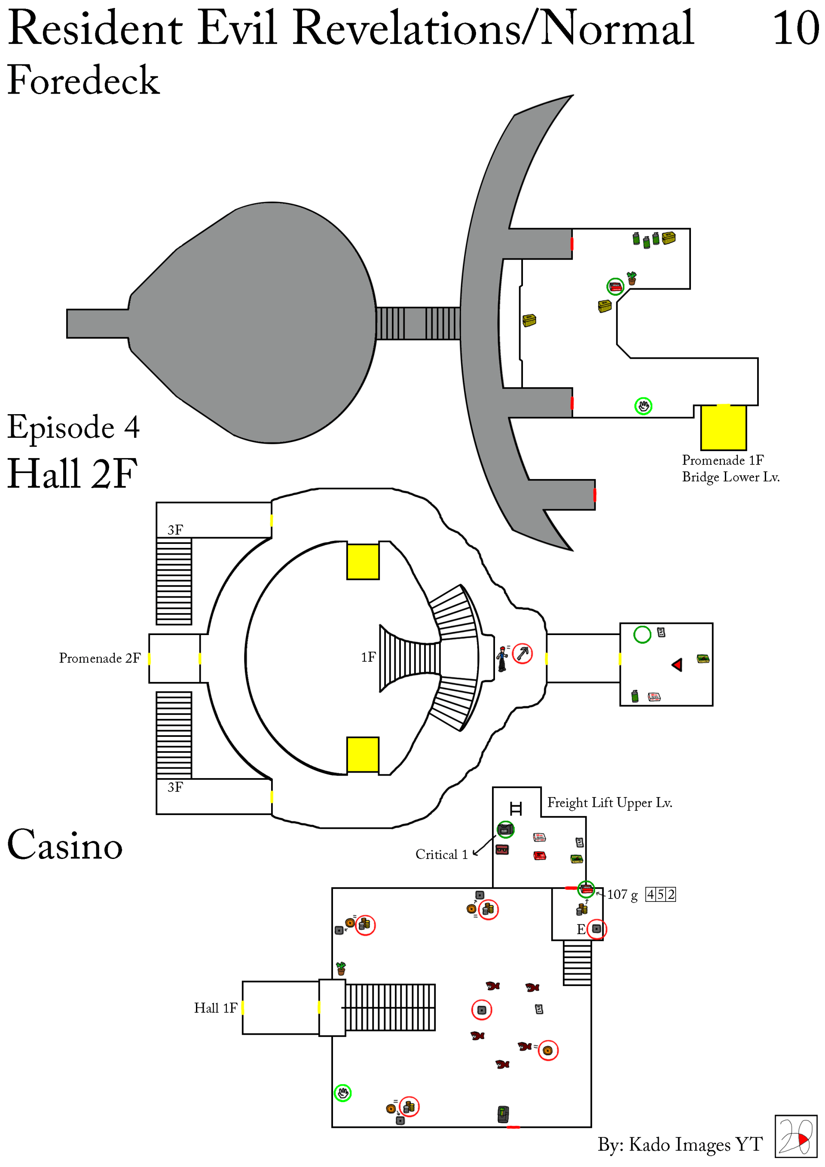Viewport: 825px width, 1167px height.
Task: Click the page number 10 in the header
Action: click(x=795, y=28)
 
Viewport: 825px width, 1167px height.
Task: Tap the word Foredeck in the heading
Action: click(x=84, y=80)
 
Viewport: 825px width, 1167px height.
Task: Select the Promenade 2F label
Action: click(x=100, y=658)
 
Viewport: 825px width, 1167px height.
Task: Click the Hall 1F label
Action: click(x=216, y=1008)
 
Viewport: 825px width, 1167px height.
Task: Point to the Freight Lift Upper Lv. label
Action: click(x=609, y=803)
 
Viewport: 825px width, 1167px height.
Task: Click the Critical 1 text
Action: click(x=441, y=854)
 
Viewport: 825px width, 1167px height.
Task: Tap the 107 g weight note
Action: click(x=622, y=895)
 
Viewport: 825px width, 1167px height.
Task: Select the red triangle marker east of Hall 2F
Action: click(x=677, y=665)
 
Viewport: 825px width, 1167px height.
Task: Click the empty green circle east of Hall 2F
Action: click(x=642, y=634)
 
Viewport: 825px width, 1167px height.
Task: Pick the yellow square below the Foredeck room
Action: click(x=723, y=428)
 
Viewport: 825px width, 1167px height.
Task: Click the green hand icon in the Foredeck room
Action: click(x=643, y=406)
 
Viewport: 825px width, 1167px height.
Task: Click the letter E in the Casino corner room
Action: click(x=581, y=930)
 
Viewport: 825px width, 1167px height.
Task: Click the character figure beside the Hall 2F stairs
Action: click(x=502, y=659)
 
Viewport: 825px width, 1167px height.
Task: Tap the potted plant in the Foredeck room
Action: click(x=631, y=278)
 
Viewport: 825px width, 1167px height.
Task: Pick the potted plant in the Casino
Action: click(x=341, y=968)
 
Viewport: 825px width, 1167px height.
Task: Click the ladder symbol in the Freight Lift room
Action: click(x=516, y=808)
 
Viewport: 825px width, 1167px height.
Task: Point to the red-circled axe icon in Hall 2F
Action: click(x=522, y=653)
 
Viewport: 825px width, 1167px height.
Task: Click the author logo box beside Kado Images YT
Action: click(x=795, y=1136)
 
